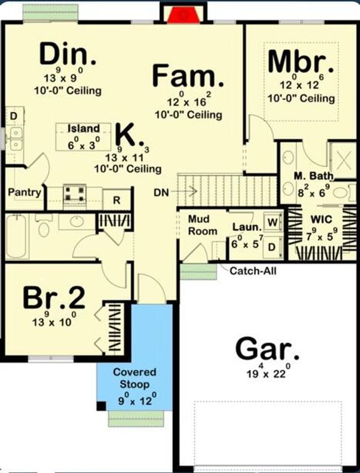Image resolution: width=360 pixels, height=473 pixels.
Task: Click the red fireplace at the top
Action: (181, 14)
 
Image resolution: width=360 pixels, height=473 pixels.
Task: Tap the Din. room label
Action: (68, 55)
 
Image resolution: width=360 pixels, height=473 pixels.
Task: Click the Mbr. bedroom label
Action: (301, 62)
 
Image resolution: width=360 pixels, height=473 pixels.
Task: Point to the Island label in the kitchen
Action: (84, 129)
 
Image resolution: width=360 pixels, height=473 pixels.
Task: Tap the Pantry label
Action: (25, 192)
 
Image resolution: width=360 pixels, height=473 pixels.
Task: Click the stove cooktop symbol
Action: (76, 194)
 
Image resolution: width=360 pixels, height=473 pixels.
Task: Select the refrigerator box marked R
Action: (115, 200)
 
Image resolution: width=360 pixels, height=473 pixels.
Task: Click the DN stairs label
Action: (162, 193)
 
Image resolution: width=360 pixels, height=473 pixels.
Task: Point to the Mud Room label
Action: (202, 225)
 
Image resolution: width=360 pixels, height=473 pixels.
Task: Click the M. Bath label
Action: (313, 177)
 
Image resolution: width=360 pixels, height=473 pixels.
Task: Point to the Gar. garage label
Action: (268, 350)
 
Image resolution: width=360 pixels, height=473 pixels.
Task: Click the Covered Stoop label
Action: (134, 378)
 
